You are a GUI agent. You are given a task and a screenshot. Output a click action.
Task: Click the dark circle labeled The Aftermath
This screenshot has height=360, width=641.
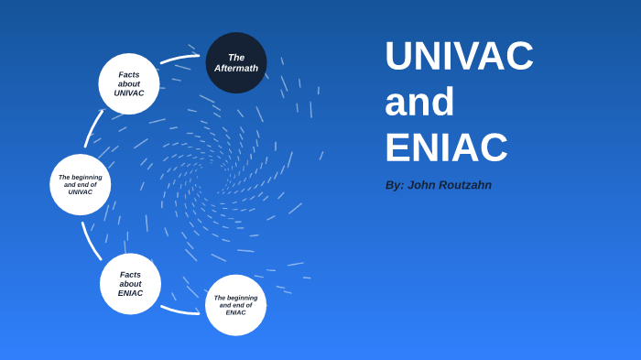coord(236,62)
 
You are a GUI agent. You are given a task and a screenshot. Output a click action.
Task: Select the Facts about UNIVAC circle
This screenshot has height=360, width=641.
coord(129,83)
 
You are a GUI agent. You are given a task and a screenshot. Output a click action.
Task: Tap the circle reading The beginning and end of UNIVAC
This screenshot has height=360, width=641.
coord(81,184)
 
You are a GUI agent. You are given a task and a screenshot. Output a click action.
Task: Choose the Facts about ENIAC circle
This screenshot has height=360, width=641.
coord(130,284)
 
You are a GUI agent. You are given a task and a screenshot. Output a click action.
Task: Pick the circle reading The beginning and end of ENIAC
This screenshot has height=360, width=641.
coord(235,305)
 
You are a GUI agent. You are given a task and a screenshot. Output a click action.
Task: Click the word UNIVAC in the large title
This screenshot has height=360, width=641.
coord(459,56)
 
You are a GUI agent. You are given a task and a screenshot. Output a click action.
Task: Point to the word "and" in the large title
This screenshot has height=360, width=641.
coord(419,102)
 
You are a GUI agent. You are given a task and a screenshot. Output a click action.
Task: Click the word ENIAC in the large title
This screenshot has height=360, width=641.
coord(446,147)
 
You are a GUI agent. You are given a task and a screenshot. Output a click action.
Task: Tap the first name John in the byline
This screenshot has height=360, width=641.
coord(422,185)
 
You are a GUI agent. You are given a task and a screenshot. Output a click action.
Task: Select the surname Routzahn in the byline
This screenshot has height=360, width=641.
coord(465,185)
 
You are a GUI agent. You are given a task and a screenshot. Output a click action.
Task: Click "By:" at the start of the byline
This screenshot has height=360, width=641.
coord(394,185)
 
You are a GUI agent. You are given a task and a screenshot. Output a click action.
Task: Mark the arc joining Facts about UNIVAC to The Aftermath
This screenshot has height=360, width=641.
coord(179,59)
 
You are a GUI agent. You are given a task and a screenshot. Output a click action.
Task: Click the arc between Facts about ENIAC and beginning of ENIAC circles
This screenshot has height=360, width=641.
coord(179,310)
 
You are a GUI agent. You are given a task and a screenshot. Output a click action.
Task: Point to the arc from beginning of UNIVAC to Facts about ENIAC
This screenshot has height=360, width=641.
coord(90,241)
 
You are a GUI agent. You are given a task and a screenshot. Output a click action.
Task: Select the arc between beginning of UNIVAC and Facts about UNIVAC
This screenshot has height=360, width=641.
coord(92,128)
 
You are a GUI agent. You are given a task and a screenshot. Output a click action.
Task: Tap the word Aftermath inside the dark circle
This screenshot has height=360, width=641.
coord(236,68)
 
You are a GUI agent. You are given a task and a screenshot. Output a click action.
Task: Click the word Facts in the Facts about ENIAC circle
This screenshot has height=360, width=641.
coord(130,274)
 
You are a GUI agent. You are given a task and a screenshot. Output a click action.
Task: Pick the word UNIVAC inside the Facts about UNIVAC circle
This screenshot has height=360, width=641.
coord(129,93)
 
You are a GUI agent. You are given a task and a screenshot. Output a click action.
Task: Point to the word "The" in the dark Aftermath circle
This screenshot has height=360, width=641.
coord(236,57)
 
